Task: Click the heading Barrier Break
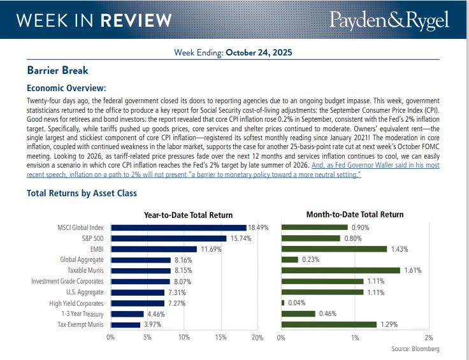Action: click(x=57, y=71)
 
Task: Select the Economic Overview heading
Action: click(x=66, y=88)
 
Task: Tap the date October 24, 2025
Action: click(x=259, y=53)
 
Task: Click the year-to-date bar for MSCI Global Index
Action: click(x=178, y=227)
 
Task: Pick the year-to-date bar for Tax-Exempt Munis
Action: click(x=126, y=325)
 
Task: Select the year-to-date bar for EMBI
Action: click(x=154, y=249)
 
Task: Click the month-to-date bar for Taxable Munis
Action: click(x=341, y=271)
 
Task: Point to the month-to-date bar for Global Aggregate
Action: click(x=290, y=260)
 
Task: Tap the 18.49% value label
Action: click(x=258, y=227)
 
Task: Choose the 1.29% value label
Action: click(x=387, y=325)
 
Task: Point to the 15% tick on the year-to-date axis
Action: click(x=221, y=338)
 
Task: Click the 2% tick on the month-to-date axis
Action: click(x=429, y=338)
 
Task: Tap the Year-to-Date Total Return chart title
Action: click(x=188, y=215)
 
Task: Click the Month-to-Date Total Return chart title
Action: click(x=355, y=215)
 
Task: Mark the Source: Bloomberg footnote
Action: click(x=415, y=349)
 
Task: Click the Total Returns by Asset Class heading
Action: click(x=82, y=193)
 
